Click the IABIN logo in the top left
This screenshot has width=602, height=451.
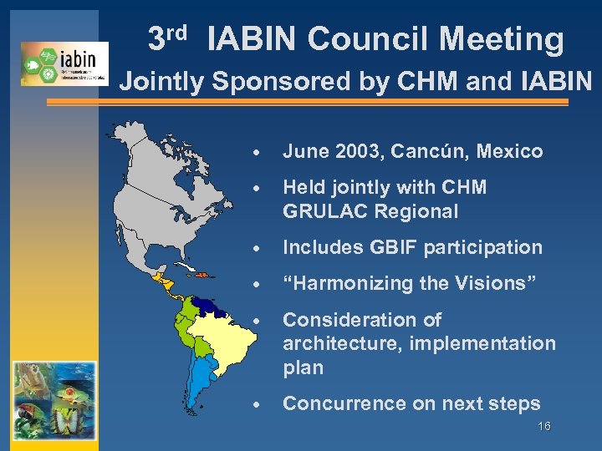[64, 63]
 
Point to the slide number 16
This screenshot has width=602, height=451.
[544, 427]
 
